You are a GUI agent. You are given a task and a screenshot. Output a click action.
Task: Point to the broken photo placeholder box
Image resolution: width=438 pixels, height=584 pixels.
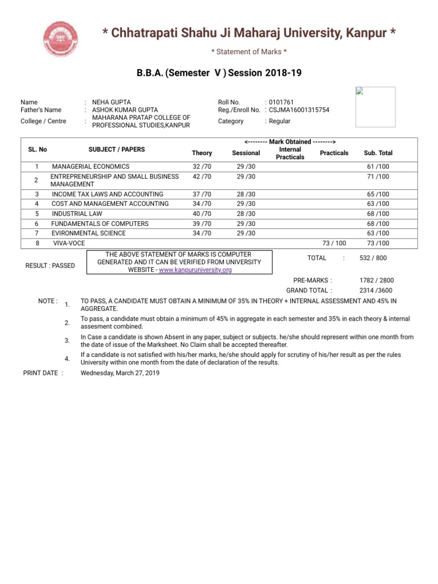coord(375,107)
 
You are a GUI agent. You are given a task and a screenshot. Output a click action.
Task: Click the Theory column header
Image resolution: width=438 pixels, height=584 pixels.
coord(202,153)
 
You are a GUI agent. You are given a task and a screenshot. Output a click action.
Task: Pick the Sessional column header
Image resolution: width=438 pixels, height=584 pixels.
coord(246,153)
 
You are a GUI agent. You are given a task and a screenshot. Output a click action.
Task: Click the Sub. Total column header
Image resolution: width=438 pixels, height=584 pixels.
coord(378,153)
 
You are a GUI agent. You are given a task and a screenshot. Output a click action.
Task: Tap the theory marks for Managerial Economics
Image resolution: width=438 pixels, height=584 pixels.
coord(202,167)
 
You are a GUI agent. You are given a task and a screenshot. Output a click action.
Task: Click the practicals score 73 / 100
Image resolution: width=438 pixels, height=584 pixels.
coord(334,244)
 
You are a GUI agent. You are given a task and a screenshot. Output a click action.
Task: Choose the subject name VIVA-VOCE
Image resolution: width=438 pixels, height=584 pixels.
coord(69,244)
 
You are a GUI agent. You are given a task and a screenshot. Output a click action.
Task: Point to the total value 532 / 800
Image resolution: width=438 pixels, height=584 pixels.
coord(373,258)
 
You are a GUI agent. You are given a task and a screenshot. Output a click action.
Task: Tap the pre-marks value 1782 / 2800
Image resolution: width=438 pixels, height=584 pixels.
coord(376,281)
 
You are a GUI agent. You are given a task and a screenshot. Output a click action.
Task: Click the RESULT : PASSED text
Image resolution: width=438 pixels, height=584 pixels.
coord(50,266)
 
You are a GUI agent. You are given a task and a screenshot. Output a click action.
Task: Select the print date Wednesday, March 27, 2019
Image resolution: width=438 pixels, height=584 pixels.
coord(120,374)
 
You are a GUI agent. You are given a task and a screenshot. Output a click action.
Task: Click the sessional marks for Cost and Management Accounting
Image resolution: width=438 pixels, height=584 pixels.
coord(246,204)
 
